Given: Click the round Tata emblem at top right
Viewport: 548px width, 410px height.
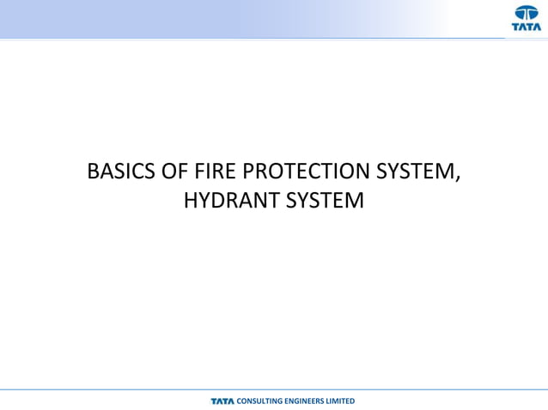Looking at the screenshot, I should pyautogui.click(x=527, y=12).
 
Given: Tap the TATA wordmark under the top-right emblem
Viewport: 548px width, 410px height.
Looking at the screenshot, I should pyautogui.click(x=527, y=27).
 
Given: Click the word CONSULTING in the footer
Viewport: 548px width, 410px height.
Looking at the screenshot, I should pyautogui.click(x=258, y=401).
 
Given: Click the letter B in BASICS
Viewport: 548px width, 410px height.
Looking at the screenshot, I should pyautogui.click(x=94, y=172).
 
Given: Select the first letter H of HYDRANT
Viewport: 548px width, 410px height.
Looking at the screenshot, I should pyautogui.click(x=192, y=202).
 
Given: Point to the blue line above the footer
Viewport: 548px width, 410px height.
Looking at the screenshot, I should pyautogui.click(x=274, y=390).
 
